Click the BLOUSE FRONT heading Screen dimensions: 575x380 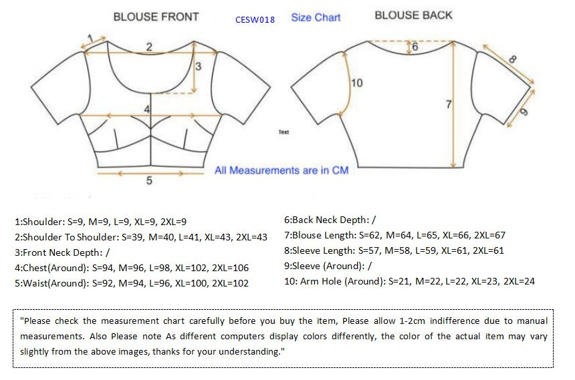point(156,17)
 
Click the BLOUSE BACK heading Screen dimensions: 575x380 point(413,15)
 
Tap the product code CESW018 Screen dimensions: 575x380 point(255,20)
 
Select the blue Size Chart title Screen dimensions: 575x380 point(316,17)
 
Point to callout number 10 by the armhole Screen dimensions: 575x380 point(357,83)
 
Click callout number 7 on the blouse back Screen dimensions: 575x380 point(449,104)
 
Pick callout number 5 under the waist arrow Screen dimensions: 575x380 point(149,180)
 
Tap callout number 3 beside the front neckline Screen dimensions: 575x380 point(199,66)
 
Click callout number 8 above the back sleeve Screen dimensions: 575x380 point(512,59)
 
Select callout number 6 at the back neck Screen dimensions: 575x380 point(415,47)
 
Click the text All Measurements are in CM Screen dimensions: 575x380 point(281,170)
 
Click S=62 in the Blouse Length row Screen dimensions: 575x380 point(370,235)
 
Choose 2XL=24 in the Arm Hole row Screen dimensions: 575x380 point(519,281)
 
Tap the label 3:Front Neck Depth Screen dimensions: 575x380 point(59,253)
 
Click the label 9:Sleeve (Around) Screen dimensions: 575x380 point(324,266)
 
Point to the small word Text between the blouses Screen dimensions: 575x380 point(283,132)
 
